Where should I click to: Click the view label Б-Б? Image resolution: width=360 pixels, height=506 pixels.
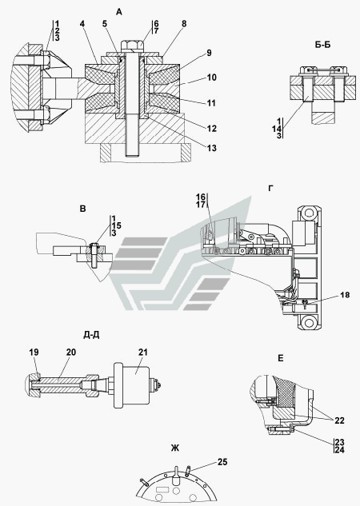[323, 45]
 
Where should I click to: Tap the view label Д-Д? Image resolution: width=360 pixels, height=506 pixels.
[91, 335]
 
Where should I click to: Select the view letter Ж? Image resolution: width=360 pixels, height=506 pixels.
[175, 448]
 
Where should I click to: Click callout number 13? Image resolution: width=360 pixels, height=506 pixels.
[212, 148]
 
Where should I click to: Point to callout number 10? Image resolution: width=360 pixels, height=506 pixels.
[212, 78]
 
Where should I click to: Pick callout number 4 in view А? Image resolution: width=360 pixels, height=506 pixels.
[82, 24]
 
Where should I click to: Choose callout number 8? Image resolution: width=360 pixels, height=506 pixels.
[184, 24]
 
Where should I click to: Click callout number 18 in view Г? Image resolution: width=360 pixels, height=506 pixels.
[345, 295]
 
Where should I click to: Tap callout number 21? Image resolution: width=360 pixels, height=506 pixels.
[142, 352]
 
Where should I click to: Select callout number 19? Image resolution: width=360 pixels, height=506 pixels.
[34, 352]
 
